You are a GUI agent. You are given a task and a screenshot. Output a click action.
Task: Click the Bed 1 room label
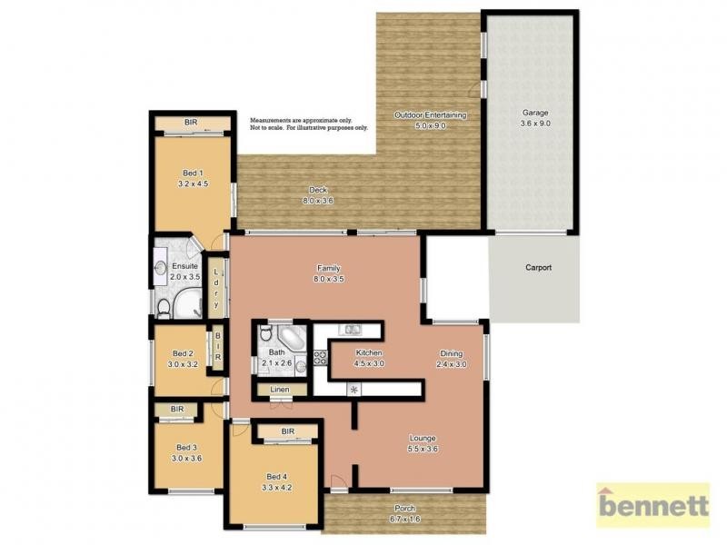click(x=193, y=173)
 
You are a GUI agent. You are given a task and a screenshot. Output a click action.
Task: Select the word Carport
click(x=538, y=268)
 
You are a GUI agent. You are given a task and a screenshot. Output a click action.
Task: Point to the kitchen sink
click(x=350, y=328)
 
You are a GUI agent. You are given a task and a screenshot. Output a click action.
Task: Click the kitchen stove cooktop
click(x=320, y=357)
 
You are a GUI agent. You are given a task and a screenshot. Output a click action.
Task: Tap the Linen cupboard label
click(x=279, y=390)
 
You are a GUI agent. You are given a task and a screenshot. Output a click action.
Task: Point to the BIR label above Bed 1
click(x=191, y=123)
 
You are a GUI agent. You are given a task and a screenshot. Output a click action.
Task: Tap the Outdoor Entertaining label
click(x=430, y=115)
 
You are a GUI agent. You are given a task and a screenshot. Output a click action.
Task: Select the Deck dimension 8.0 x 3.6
click(x=317, y=201)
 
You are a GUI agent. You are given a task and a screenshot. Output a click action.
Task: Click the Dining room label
click(x=452, y=353)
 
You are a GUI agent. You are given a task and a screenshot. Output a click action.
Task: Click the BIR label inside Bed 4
click(x=288, y=431)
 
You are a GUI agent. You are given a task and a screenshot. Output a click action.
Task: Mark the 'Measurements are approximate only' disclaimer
click(x=301, y=121)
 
